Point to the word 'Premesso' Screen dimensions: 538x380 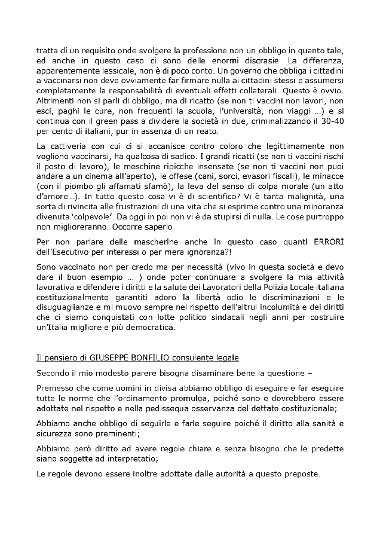point(55,389)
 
